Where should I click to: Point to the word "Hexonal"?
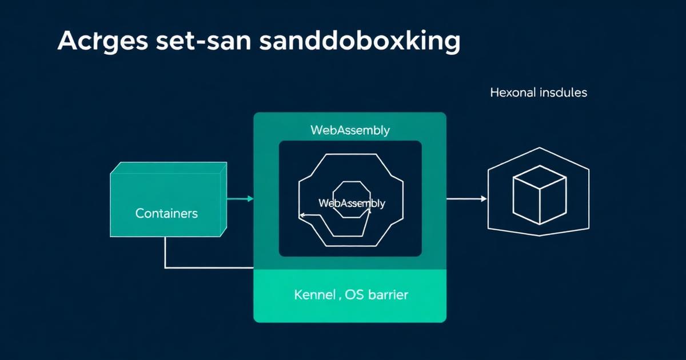tap(513, 92)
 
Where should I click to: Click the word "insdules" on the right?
tap(563, 92)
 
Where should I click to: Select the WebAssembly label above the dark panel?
tap(350, 130)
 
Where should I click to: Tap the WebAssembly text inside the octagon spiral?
tap(351, 203)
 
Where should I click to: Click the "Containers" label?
tap(166, 214)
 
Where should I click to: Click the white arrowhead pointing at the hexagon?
tap(484, 199)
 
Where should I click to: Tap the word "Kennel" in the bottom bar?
tap(315, 295)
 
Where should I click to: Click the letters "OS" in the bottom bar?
tap(356, 295)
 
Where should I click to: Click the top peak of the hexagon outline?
tap(538, 148)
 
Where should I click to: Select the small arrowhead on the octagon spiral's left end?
tap(301, 215)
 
